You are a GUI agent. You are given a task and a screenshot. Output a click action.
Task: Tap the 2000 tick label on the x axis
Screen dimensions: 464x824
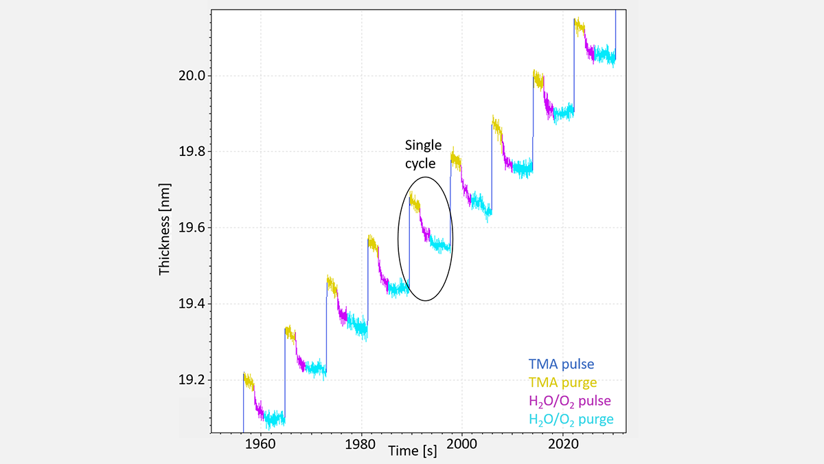(462, 444)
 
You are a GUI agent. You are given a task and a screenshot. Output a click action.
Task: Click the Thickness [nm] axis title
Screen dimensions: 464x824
(164, 229)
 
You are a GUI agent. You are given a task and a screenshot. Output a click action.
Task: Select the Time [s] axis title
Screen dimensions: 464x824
(412, 451)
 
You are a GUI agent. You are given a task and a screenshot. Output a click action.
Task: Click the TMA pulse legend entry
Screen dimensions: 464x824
(562, 364)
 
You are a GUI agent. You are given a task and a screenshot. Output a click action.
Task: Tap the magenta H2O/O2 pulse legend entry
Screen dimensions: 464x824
(569, 401)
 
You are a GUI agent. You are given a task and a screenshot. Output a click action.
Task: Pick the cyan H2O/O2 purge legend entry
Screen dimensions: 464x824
(571, 419)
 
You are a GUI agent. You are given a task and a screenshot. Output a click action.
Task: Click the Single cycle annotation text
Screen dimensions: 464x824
(423, 154)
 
